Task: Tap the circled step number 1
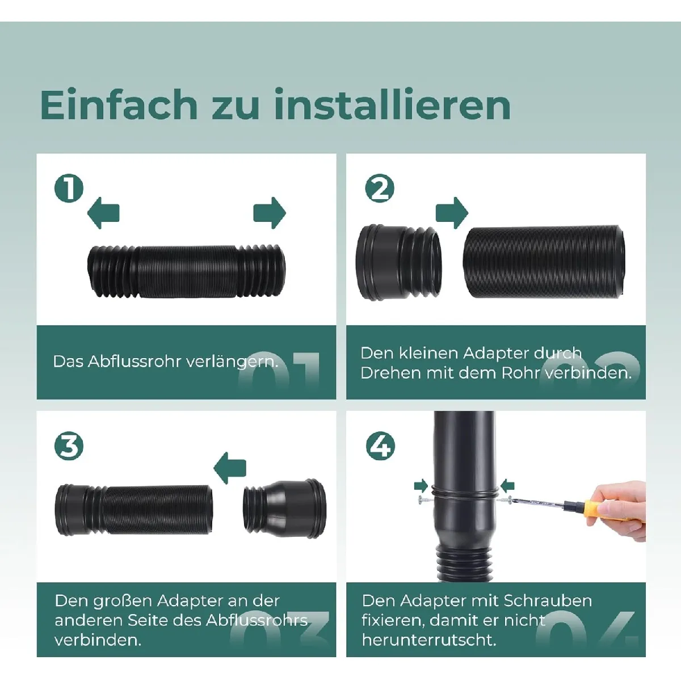pos(69,188)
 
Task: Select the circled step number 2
pos(380,188)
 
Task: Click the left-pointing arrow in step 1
pos(103,213)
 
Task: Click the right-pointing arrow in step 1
pos(270,213)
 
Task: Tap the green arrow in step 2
pos(452,213)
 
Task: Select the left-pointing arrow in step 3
pos(230,468)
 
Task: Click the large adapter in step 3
pos(285,508)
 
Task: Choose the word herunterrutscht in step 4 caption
pos(429,640)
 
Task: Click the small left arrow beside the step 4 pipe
pos(507,486)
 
